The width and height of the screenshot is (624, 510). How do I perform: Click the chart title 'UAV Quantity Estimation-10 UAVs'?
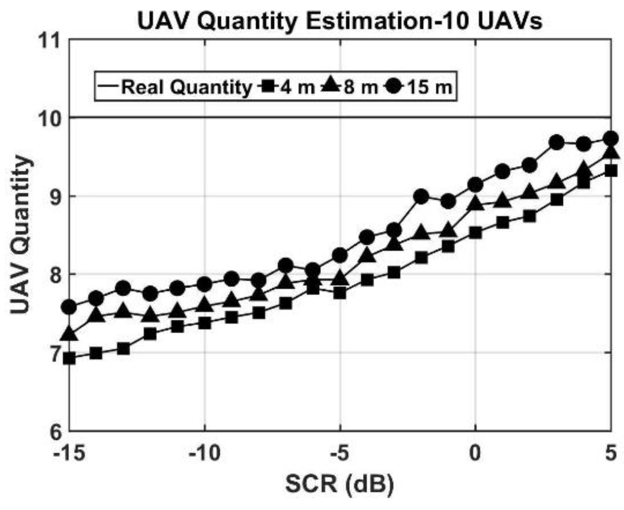pyautogui.click(x=340, y=21)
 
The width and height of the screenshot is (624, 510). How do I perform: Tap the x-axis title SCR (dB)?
pyautogui.click(x=340, y=484)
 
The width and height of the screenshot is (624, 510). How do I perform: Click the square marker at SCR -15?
pyautogui.click(x=70, y=358)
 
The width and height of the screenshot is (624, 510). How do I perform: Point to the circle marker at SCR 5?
pyautogui.click(x=610, y=138)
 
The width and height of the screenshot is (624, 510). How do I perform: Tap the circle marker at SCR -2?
pyautogui.click(x=421, y=196)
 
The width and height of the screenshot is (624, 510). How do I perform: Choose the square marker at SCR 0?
pyautogui.click(x=475, y=233)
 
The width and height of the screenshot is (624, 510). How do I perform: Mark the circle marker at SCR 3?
pyautogui.click(x=556, y=142)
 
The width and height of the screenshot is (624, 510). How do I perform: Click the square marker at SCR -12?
pyautogui.click(x=150, y=334)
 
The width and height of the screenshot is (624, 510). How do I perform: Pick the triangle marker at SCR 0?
pyautogui.click(x=475, y=204)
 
